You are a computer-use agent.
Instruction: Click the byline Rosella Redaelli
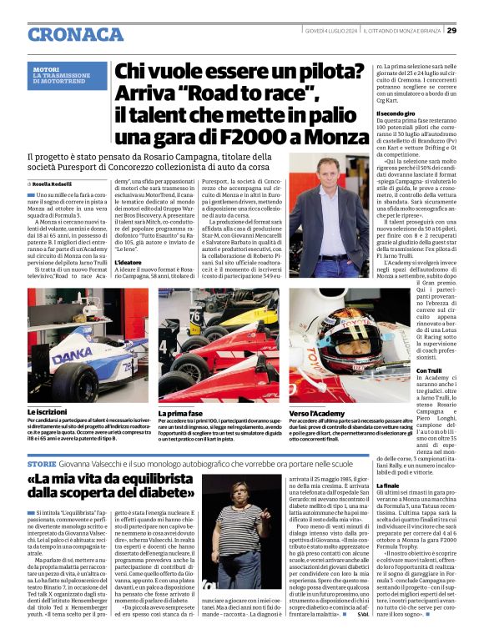pyautogui.click(x=53, y=184)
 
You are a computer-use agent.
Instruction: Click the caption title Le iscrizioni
pyautogui.click(x=48, y=412)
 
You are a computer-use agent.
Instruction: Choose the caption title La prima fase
pyautogui.click(x=179, y=412)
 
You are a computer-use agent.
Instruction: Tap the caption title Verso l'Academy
pyautogui.click(x=317, y=412)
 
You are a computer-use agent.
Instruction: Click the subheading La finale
pyautogui.click(x=388, y=485)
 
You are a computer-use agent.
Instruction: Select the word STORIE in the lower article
pyautogui.click(x=42, y=463)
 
